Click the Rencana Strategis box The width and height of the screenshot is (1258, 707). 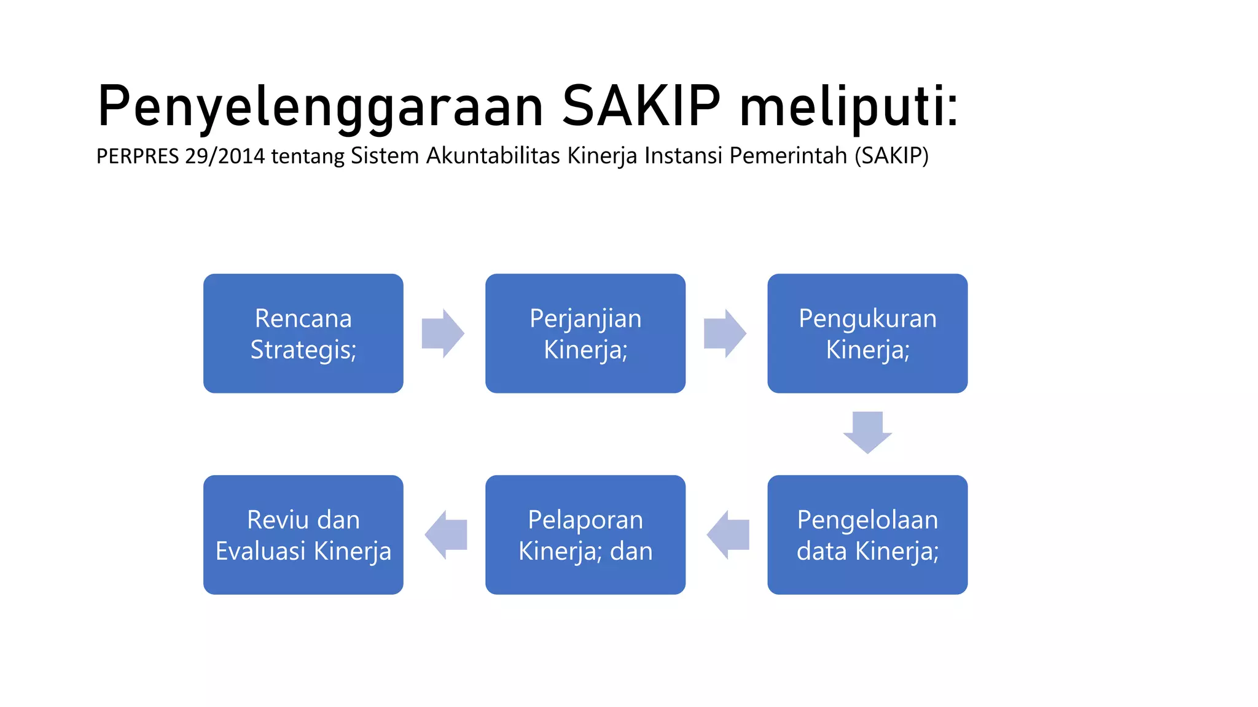pos(303,333)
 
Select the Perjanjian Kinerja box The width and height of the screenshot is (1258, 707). pos(585,333)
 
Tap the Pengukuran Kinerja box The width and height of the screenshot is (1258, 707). pos(867,333)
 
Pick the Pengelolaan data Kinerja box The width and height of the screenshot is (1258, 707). pos(867,535)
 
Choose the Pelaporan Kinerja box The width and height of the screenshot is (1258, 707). pos(585,535)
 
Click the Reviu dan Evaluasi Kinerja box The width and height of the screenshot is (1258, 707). pos(303,535)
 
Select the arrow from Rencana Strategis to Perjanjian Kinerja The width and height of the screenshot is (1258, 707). pos(442,333)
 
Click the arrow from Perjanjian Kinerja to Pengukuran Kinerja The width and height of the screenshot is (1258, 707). pos(725,333)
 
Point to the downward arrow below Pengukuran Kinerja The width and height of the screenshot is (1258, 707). pos(867,432)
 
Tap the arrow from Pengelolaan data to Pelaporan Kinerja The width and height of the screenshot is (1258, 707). pos(729,535)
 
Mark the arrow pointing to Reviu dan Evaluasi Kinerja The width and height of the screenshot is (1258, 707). pos(447,535)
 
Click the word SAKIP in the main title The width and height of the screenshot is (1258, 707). pos(641,106)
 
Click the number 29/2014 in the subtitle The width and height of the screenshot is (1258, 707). pos(224,156)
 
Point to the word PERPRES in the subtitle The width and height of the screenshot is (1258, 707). pos(138,156)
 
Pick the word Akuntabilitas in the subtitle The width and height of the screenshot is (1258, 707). pos(493,156)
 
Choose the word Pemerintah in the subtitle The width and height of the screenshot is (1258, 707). pos(788,156)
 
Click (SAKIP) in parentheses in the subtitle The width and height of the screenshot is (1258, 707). pos(891,156)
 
